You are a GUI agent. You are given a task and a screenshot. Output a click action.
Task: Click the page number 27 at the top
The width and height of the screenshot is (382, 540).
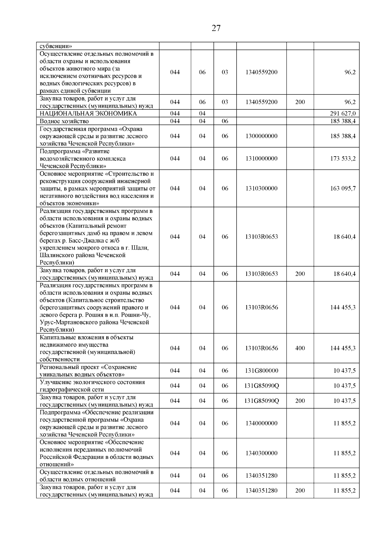click(216, 28)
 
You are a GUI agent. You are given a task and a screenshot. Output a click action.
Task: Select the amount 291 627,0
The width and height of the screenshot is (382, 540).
click(343, 114)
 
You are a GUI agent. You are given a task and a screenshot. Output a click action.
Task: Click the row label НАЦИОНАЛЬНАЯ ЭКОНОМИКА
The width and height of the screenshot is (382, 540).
click(88, 114)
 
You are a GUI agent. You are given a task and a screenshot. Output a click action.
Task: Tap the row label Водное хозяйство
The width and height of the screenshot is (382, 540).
click(64, 121)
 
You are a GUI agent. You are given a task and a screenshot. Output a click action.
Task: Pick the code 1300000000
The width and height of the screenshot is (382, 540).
click(261, 136)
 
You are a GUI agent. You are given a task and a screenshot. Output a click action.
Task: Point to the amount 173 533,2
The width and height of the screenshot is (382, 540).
click(343, 158)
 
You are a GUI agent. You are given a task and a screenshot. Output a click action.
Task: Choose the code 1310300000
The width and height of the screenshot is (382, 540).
click(261, 188)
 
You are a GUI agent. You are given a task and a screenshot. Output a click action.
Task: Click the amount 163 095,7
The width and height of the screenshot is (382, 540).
click(343, 188)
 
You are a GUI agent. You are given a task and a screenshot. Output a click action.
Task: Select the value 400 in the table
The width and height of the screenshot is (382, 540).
click(300, 348)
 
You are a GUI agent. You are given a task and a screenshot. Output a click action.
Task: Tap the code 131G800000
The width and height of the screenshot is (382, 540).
click(261, 371)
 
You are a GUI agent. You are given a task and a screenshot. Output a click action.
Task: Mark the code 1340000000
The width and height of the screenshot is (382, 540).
click(261, 423)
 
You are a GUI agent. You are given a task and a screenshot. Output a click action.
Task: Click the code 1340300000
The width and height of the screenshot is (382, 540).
click(261, 453)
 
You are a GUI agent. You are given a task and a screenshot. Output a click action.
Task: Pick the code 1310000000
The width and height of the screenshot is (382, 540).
click(261, 158)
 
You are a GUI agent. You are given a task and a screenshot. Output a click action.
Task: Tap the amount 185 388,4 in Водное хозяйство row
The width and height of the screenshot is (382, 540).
click(343, 121)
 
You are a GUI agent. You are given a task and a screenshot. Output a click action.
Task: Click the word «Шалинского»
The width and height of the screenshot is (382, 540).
click(55, 255)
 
